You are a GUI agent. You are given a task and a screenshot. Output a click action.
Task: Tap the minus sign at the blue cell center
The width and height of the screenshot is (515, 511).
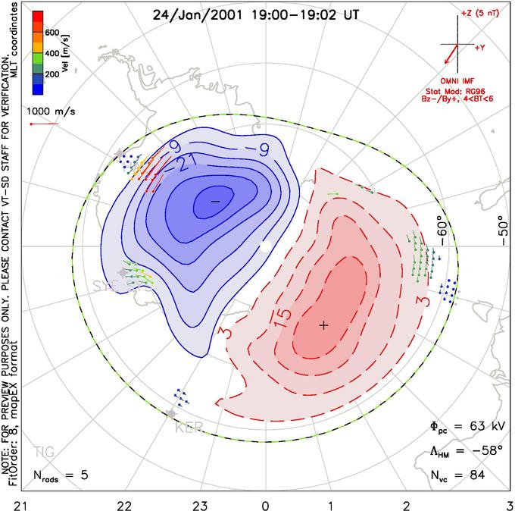(x=215, y=201)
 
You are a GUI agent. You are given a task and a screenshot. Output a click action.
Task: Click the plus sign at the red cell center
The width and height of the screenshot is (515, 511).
(x=323, y=325)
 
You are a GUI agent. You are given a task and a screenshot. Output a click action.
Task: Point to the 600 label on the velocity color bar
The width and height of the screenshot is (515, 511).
(x=51, y=33)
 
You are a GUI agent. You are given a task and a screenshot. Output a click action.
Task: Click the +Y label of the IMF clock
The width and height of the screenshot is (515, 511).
(x=480, y=47)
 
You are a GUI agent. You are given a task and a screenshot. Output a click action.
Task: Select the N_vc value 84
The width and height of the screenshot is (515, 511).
(x=477, y=476)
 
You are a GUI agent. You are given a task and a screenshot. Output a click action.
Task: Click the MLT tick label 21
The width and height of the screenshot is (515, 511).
(x=15, y=503)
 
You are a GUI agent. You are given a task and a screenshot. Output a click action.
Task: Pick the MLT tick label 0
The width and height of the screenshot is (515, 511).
(x=265, y=503)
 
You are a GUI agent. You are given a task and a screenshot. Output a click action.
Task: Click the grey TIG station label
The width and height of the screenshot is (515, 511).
(x=44, y=453)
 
